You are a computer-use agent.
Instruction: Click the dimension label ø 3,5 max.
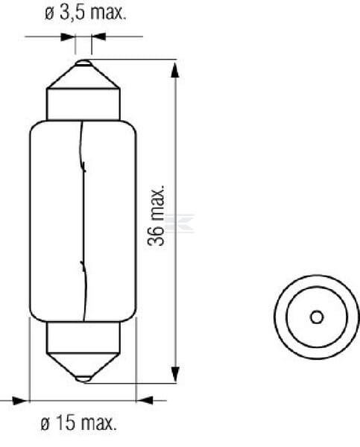coord(85,13)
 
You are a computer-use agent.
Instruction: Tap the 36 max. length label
coord(156,215)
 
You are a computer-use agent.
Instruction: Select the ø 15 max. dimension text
coord(79,422)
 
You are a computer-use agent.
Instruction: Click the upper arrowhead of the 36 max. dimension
coord(175,70)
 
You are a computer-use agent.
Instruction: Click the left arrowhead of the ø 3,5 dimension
coord(68,37)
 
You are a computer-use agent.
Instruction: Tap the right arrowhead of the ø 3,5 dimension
coord(98,37)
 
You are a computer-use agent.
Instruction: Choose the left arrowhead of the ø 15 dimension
coord(21,400)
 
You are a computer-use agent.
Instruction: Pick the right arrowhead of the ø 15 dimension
coord(145,400)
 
